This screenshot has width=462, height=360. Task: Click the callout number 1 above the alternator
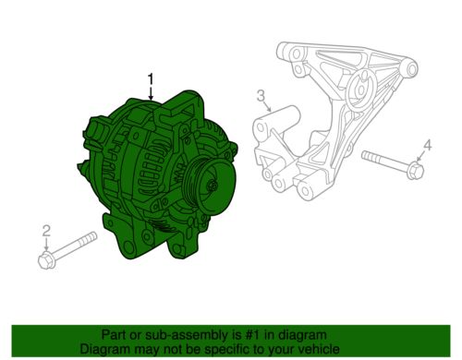(151, 78)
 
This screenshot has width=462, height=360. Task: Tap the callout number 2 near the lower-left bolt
(46, 231)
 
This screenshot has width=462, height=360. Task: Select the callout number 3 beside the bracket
(261, 95)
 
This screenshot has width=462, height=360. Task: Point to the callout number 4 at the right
(428, 145)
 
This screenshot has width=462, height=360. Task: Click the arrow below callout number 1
(151, 93)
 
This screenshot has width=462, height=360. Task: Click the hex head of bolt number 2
(47, 261)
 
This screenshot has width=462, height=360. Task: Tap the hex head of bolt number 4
(415, 171)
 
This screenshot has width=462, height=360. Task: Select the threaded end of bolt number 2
(89, 238)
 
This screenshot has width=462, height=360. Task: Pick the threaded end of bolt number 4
(371, 156)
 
